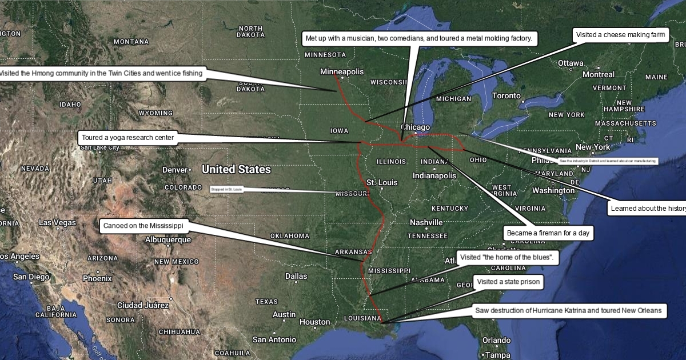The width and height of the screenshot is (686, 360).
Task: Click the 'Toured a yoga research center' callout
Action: tap(127, 138)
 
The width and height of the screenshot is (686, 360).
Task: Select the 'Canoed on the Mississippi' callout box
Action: tap(143, 226)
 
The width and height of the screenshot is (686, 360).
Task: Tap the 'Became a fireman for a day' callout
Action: tap(548, 233)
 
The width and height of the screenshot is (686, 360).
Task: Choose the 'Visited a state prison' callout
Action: tap(508, 282)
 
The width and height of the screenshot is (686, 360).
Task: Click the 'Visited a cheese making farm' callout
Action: tap(621, 35)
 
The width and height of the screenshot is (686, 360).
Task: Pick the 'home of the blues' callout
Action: tap(507, 258)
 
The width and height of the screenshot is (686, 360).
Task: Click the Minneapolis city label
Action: tap(342, 72)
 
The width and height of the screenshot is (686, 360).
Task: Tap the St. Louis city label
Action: tap(382, 182)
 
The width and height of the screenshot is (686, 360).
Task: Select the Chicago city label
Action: tap(415, 127)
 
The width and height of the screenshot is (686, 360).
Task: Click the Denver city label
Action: tap(175, 170)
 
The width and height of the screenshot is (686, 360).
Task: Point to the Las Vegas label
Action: tap(57, 222)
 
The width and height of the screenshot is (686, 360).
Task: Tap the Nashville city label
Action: tap(426, 222)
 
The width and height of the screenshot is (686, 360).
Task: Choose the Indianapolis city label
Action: tap(434, 175)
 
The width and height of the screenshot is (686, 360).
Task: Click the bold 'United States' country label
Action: tap(236, 170)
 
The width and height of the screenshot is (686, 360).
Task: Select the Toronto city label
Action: tap(507, 95)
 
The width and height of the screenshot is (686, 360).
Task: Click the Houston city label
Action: tap(315, 322)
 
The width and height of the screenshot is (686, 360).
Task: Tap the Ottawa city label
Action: tap(570, 63)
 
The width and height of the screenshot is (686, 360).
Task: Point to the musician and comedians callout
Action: tap(419, 38)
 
